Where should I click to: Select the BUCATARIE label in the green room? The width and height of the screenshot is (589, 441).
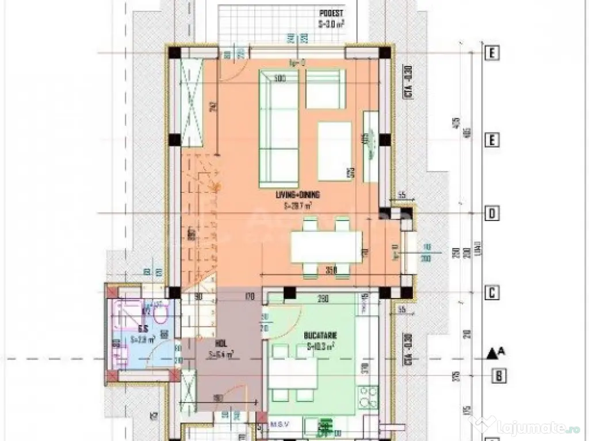tap(321, 334)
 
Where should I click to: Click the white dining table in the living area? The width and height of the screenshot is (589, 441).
tap(326, 246)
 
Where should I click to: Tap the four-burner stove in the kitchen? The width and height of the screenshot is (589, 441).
tap(368, 396)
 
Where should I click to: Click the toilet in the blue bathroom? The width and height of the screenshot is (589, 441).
tap(160, 313)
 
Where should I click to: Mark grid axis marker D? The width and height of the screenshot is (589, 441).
tap(492, 214)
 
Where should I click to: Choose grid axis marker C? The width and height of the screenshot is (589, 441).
tap(492, 292)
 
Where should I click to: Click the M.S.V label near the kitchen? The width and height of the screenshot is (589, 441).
tap(280, 425)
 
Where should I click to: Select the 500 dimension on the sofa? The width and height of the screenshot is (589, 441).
tap(281, 78)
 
